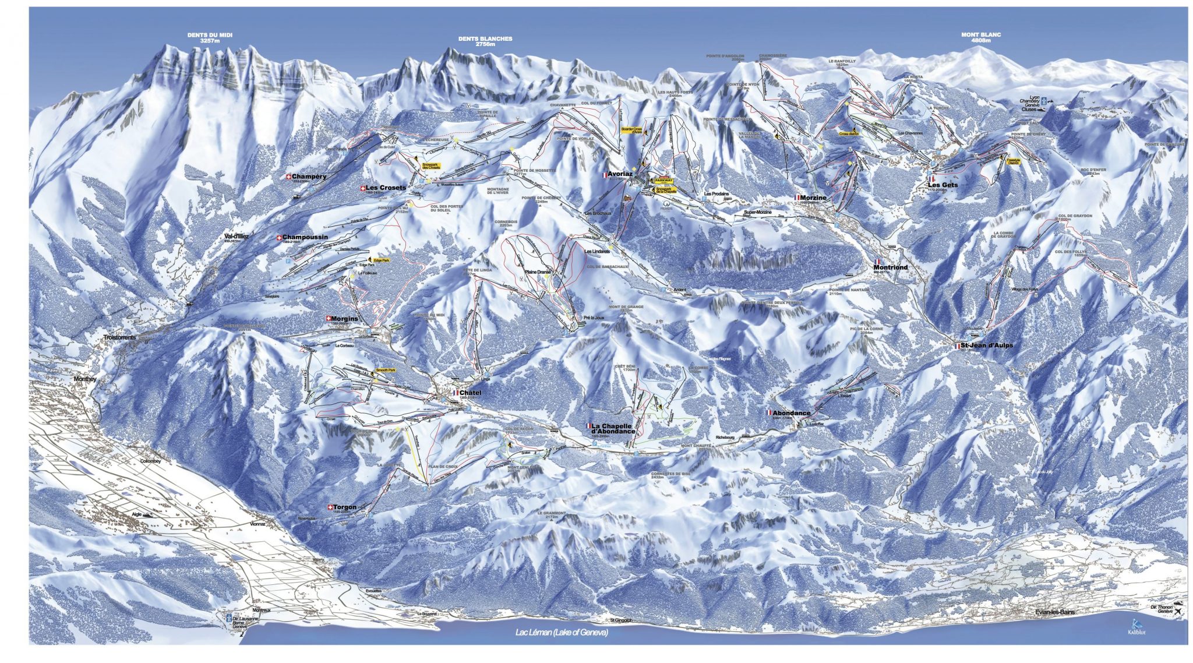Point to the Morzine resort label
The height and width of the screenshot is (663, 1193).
[813, 198]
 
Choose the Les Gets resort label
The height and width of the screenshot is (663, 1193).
[943, 185]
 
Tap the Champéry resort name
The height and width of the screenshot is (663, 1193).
[309, 177]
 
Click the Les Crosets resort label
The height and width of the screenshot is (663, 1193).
[386, 188]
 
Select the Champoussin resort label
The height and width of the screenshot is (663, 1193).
[305, 237]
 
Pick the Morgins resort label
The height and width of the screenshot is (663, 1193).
[344, 319]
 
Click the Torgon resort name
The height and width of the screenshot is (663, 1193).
[345, 507]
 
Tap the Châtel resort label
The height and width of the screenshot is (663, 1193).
[470, 393]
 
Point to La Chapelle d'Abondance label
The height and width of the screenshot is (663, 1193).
[613, 428]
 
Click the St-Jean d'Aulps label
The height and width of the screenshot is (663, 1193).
[987, 345]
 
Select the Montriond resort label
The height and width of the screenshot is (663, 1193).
[890, 267]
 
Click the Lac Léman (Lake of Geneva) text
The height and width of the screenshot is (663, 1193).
[562, 633]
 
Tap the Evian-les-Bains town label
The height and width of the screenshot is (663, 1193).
[1055, 612]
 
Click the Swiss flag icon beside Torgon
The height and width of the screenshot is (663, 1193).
[331, 507]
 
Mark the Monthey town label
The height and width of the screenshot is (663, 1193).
[85, 379]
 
